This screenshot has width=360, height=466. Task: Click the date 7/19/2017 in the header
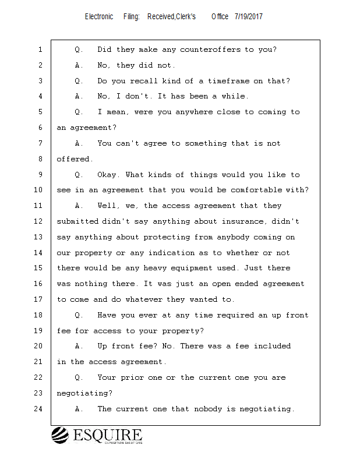pyautogui.click(x=249, y=17)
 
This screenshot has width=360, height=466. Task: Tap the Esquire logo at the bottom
pyautogui.click(x=97, y=435)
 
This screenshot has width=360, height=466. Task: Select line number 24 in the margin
pyautogui.click(x=40, y=409)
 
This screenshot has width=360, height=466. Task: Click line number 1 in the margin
pyautogui.click(x=40, y=50)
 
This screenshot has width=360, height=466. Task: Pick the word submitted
pyautogui.click(x=79, y=221)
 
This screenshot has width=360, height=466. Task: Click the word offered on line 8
pyautogui.click(x=73, y=159)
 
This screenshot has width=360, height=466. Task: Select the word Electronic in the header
pyautogui.click(x=99, y=17)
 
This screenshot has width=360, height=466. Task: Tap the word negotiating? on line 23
pyautogui.click(x=84, y=393)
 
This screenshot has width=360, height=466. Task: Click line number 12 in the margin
pyautogui.click(x=40, y=221)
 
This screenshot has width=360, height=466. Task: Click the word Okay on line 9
pyautogui.click(x=108, y=175)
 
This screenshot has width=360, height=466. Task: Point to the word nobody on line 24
pyautogui.click(x=221, y=409)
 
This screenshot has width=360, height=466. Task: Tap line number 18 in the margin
pyautogui.click(x=40, y=315)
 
